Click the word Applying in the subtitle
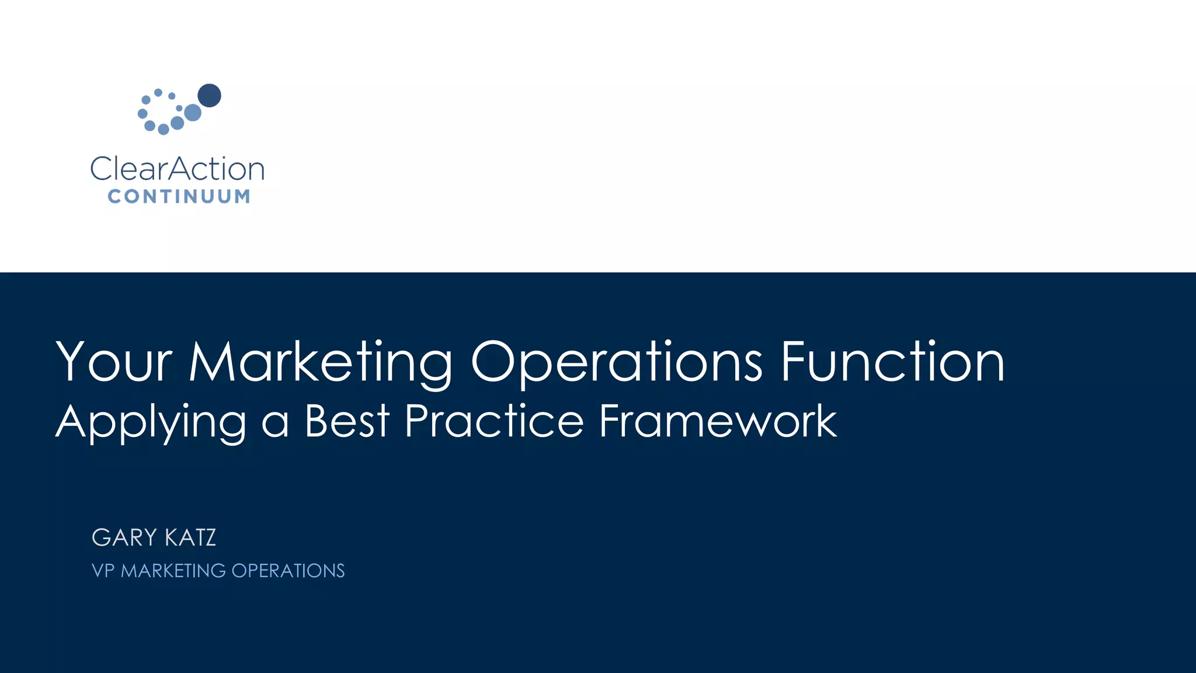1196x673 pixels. tap(151, 422)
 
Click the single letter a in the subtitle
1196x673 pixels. tap(275, 424)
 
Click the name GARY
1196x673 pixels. tap(124, 537)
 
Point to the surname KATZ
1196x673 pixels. tap(190, 537)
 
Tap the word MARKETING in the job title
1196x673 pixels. tap(173, 571)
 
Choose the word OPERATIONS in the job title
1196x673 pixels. tap(288, 571)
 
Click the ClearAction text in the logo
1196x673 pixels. tap(178, 169)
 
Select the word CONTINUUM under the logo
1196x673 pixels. tap(179, 196)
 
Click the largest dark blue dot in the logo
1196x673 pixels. tap(209, 95)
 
